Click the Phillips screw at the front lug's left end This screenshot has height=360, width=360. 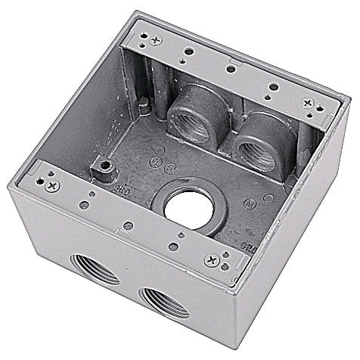[51, 184]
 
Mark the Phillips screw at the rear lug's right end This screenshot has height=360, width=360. [307, 102]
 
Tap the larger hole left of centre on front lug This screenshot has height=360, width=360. [92, 204]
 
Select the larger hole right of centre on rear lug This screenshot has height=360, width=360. [271, 86]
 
